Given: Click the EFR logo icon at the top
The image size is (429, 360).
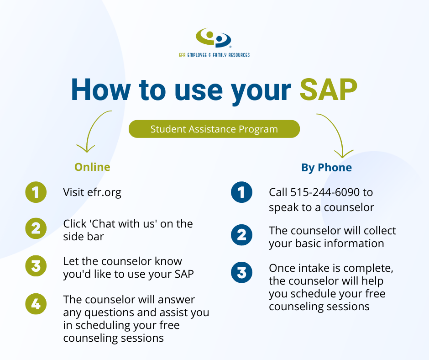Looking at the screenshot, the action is (x=214, y=37).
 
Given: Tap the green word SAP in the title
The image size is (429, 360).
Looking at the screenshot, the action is (x=329, y=90).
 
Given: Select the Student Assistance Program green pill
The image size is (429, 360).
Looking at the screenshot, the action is (x=214, y=129).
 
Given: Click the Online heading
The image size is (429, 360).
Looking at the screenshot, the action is (x=92, y=167).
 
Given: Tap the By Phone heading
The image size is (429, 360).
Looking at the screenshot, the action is (x=326, y=167).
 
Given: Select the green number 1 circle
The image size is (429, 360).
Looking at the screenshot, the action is (x=36, y=192).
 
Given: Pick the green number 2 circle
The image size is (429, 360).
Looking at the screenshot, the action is (x=36, y=228).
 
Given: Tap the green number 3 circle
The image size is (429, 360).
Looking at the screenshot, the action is (x=36, y=266).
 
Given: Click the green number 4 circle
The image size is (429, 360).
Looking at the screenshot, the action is (x=36, y=304).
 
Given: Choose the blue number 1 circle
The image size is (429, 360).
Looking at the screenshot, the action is (x=241, y=192).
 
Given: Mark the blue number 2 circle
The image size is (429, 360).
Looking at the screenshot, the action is (x=241, y=235).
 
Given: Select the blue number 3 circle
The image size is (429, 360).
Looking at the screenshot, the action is (x=241, y=272).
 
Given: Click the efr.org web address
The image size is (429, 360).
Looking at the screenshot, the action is (x=104, y=193).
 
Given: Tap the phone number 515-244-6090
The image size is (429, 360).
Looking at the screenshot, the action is (x=325, y=192).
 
